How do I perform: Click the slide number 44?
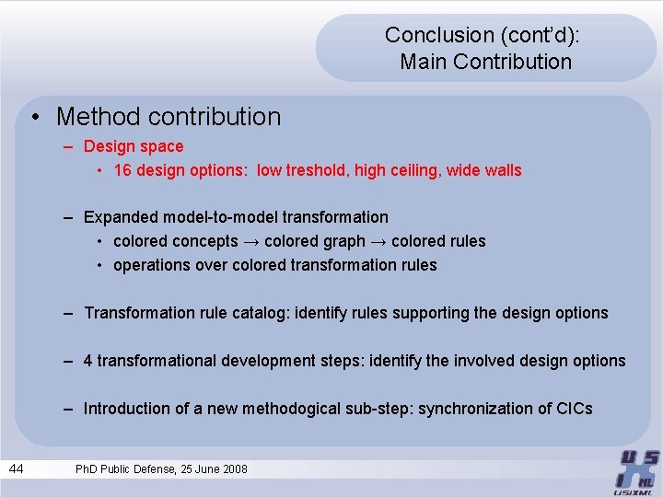(17, 469)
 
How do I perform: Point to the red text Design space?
(134, 146)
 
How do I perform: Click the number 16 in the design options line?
(122, 170)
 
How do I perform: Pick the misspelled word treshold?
(313, 170)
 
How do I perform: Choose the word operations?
(149, 265)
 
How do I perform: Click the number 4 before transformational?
(88, 361)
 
